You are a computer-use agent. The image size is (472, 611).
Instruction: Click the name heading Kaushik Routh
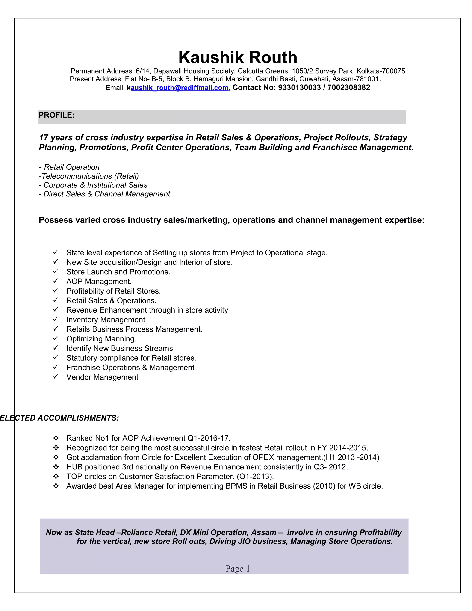pos(238,57)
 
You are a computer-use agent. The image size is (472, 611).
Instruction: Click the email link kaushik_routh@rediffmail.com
pos(179,88)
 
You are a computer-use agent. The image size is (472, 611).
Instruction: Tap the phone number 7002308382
pos(349,88)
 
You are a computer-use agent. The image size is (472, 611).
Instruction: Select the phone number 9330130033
pos(299,88)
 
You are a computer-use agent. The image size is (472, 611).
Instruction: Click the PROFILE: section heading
pos(56,115)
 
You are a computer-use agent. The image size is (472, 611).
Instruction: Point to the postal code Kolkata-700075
pos(381,71)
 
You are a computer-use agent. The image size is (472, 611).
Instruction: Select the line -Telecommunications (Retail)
pos(89,176)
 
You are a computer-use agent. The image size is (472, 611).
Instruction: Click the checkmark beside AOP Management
pos(56,281)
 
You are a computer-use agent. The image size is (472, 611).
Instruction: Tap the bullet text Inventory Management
pos(106,320)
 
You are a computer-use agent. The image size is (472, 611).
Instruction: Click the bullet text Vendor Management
pos(102,377)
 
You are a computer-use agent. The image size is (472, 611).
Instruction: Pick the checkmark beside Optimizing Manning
pos(56,338)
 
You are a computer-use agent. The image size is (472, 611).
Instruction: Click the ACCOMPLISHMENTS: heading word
pos(78,418)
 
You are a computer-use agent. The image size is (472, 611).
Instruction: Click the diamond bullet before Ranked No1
pos(56,438)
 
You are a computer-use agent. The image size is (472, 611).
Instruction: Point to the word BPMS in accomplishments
pos(236,486)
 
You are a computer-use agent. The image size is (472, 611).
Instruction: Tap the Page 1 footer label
pos(238,569)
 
